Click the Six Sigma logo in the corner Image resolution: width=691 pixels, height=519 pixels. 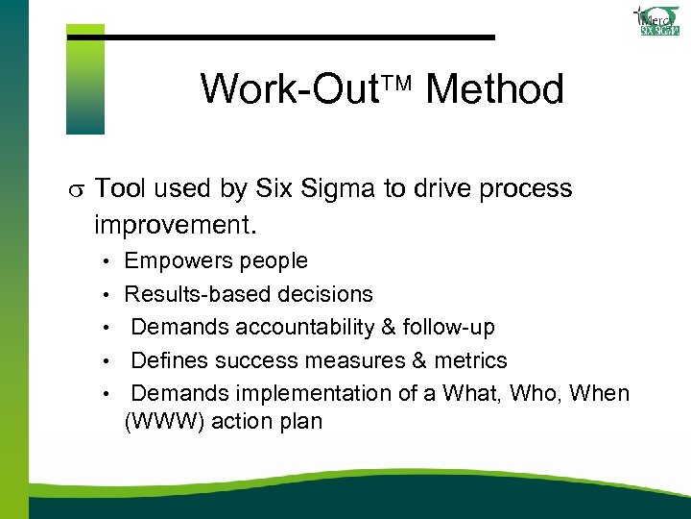pos(659,20)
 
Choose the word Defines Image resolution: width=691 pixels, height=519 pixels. pos(169,361)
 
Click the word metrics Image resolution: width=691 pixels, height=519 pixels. pos(468,361)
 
